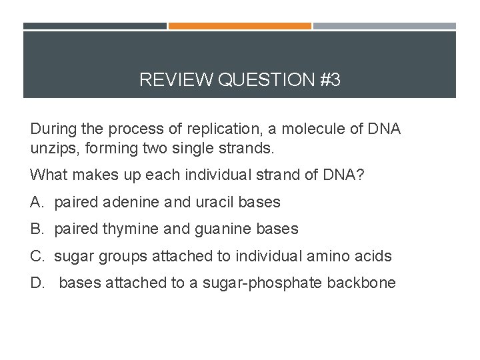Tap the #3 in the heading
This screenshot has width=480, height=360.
coord(330,81)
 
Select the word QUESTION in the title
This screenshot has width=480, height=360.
coord(266,81)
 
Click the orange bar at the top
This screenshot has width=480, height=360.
coord(239,26)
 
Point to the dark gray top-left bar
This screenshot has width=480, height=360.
coord(95,26)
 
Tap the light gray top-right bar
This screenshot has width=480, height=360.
coord(385,26)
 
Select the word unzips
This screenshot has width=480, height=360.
coord(53,148)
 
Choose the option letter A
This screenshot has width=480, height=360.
coord(36,202)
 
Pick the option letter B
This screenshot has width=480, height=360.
coord(36,229)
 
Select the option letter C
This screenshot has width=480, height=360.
coord(36,256)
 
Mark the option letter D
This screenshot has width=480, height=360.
coord(36,283)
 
